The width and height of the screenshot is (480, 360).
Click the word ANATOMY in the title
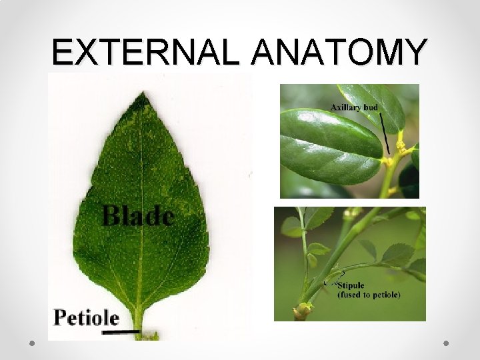point(339,51)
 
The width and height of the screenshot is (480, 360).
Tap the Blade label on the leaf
point(138,215)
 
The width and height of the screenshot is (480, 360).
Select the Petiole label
point(87,317)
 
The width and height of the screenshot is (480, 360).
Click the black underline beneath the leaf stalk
point(125,330)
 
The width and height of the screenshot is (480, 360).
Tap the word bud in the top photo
point(370,107)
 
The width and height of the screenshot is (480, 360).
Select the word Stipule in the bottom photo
point(351,285)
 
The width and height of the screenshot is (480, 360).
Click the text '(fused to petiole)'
point(369,295)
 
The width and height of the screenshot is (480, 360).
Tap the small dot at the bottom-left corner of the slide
point(32,344)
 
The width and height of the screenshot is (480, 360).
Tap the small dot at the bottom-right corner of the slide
point(447,344)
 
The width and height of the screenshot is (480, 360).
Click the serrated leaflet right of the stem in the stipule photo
point(397,254)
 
